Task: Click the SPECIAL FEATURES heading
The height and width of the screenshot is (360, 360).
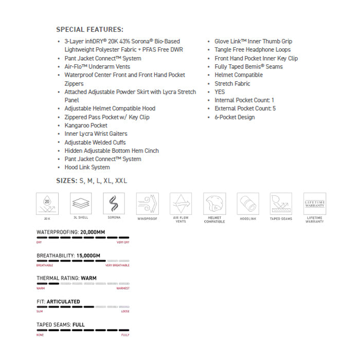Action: tap(89, 29)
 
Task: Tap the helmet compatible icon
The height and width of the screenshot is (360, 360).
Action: tap(214, 204)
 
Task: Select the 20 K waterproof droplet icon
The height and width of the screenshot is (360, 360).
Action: tap(47, 204)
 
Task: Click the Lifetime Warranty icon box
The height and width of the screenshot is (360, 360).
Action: tap(314, 204)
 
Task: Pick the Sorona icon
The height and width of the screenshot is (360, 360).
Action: tap(114, 204)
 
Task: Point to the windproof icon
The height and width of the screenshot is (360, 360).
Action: tap(148, 204)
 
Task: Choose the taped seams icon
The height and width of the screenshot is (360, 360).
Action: tap(281, 204)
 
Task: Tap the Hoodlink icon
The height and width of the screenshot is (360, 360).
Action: tap(247, 204)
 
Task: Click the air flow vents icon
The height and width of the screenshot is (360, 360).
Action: tap(181, 204)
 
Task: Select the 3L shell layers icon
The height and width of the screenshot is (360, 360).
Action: tap(81, 204)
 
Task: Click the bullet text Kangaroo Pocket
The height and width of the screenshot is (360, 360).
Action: tap(86, 125)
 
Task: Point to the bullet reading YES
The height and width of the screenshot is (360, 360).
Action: tap(220, 92)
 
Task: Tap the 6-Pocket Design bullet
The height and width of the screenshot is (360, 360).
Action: tap(235, 117)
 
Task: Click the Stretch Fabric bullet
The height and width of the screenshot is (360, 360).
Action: tap(232, 83)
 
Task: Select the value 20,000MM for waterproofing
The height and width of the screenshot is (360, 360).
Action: tap(93, 232)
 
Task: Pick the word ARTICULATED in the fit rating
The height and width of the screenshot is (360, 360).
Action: tap(64, 302)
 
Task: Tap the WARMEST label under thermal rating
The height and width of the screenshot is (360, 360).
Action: tap(123, 289)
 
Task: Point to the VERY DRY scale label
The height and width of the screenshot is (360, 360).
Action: tap(123, 242)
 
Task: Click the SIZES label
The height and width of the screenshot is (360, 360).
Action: tap(66, 181)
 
